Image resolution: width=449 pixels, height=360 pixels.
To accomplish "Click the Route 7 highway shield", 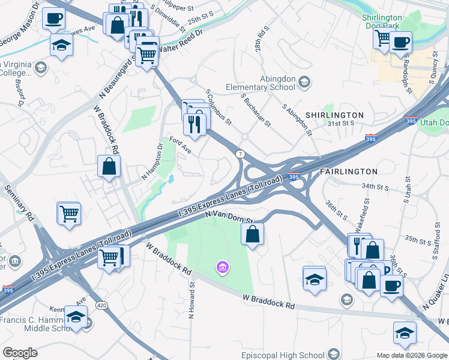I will click(x=240, y=154).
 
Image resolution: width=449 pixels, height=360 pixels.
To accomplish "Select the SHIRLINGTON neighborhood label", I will click(x=334, y=115).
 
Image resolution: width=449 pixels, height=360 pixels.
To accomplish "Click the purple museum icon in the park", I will click(x=223, y=266).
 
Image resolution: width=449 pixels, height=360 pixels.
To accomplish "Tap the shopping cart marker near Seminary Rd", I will click(x=69, y=213).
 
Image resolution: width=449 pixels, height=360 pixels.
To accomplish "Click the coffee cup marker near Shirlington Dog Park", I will click(x=400, y=42).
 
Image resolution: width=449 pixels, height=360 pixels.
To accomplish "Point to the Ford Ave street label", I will click(x=180, y=146).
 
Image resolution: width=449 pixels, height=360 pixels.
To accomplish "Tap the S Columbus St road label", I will click(x=218, y=108).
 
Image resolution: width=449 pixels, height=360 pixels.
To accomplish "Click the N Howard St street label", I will click(x=191, y=300).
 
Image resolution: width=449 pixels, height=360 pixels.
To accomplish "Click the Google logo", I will click(x=20, y=352).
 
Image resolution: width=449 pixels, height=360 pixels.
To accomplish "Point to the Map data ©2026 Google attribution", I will click(x=412, y=355).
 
